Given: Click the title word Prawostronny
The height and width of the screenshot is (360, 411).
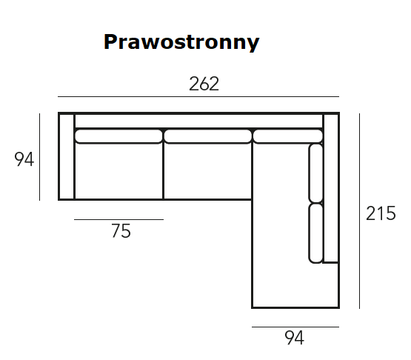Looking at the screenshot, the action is (181, 42).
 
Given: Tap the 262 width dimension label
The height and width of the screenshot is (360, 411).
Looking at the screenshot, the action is (204, 84).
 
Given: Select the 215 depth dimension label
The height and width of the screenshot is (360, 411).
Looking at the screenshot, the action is (381, 213).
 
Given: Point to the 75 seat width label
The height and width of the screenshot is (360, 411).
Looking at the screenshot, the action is (121, 230).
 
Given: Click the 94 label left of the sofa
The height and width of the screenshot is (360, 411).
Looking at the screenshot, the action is (24, 159).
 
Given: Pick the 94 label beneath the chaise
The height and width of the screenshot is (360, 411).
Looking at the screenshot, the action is (294, 338).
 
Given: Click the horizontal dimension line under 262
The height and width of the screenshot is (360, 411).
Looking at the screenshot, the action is (198, 96).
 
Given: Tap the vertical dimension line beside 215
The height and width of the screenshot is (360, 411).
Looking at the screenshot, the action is (359, 211).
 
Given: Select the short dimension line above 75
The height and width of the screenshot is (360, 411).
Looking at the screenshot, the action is (118, 219).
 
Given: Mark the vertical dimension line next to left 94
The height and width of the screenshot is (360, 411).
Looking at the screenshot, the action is (39, 157).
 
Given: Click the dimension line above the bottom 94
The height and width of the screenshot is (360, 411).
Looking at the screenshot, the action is (295, 327).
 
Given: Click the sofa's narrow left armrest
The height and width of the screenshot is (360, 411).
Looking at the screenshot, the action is (67, 156).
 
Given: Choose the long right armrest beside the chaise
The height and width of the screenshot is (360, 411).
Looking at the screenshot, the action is (331, 187).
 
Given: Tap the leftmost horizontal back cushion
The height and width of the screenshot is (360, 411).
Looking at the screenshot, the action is (118, 136).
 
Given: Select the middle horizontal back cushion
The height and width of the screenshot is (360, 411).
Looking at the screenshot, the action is (208, 136).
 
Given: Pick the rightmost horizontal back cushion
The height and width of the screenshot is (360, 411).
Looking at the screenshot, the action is (288, 136).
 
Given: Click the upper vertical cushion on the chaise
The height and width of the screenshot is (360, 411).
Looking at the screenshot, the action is (315, 173).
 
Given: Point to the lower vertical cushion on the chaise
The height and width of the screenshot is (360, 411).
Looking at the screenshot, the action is (315, 233).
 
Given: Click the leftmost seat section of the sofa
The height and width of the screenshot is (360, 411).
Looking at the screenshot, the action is (118, 171).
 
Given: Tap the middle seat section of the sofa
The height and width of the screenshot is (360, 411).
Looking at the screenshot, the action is (207, 171).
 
